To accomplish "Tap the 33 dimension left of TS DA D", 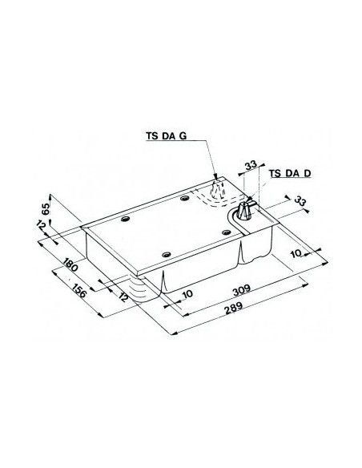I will [250, 166].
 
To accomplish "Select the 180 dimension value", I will [70, 265].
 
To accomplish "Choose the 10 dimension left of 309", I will [187, 294].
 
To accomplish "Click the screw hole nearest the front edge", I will [166, 254].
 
